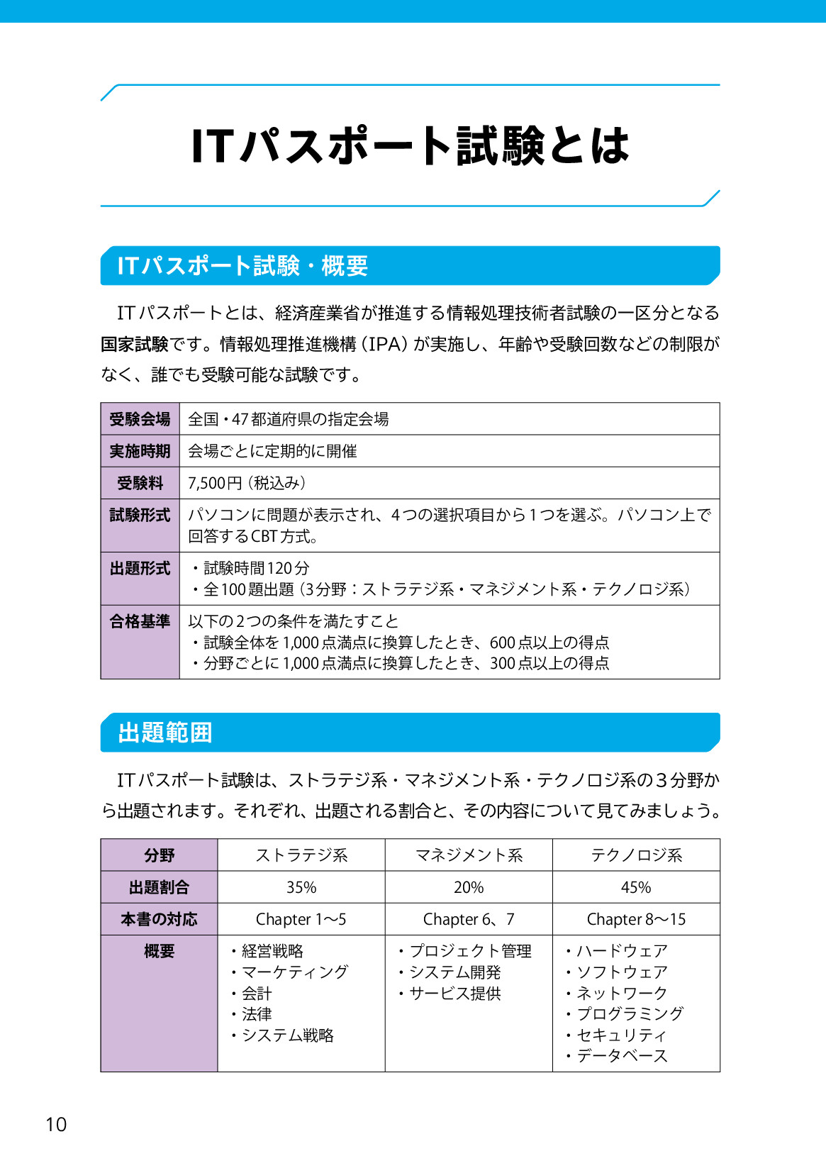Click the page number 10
(56, 1124)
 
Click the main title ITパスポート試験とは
(410, 146)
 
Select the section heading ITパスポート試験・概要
(242, 266)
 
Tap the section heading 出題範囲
(165, 733)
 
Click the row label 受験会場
(140, 419)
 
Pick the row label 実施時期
(140, 451)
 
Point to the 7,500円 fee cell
(247, 483)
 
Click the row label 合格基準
(140, 621)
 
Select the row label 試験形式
(140, 515)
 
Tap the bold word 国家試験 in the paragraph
(135, 344)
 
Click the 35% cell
(301, 887)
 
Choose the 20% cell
(469, 887)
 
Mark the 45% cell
(636, 887)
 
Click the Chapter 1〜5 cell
(301, 919)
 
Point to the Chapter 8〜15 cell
(636, 919)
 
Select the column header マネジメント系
(469, 855)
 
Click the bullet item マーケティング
(295, 972)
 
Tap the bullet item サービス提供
(455, 993)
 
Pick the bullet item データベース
(622, 1056)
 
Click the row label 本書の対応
(159, 919)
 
